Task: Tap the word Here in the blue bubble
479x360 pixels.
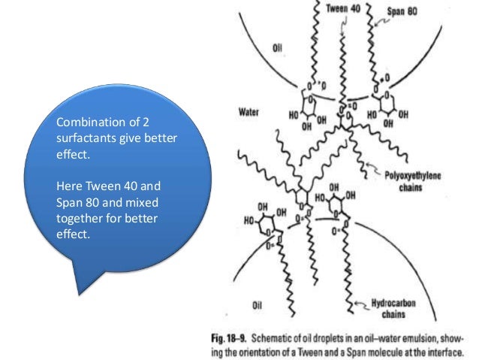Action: [x=69, y=184]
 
